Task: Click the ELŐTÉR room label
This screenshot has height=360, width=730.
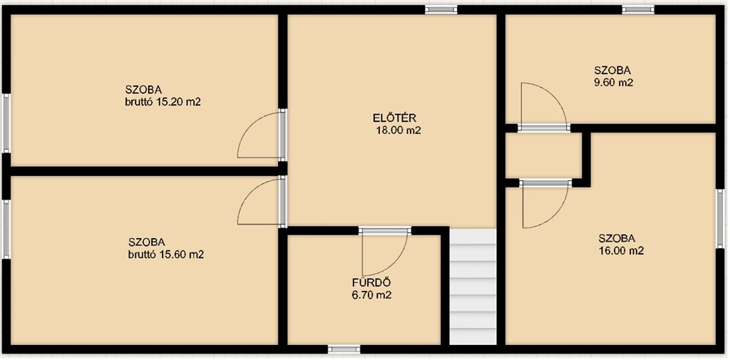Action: [x=394, y=118]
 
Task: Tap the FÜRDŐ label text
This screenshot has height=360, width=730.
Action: [x=371, y=282]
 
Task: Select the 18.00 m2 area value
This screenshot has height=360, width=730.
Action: [x=398, y=131]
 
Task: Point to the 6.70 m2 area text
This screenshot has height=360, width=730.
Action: [x=371, y=294]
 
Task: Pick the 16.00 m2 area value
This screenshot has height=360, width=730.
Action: [x=621, y=251]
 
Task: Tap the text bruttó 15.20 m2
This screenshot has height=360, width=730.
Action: [x=163, y=102]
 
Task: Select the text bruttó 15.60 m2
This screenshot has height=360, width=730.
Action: [x=166, y=254]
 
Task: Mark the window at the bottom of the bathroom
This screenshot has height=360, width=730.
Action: [x=344, y=349]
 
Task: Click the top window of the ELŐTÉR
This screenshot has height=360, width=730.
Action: [x=441, y=9]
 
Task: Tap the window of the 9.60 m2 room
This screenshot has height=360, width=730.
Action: [x=638, y=9]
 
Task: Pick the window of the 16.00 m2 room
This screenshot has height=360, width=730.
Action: [x=720, y=218]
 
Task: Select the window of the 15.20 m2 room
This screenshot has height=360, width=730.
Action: [x=6, y=123]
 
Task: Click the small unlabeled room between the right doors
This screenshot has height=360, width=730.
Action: [x=544, y=155]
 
